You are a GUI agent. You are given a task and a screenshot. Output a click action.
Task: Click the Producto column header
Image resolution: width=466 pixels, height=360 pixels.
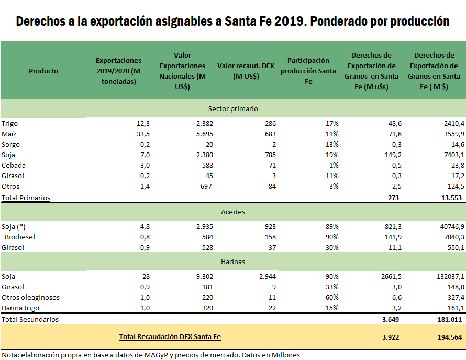(x=43, y=71)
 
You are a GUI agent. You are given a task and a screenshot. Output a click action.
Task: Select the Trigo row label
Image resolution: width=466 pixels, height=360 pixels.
(x=9, y=123)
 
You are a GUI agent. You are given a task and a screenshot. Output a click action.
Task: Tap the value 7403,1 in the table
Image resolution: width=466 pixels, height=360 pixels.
(x=450, y=155)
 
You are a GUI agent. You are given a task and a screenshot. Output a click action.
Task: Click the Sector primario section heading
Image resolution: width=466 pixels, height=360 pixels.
(x=233, y=108)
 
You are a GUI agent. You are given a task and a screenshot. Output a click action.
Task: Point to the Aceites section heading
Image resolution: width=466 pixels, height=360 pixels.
(x=233, y=212)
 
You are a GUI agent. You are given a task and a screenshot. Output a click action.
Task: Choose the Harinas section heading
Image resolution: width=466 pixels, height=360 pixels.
(x=233, y=261)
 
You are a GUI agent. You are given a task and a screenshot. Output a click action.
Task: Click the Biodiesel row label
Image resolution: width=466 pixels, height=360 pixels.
(x=21, y=237)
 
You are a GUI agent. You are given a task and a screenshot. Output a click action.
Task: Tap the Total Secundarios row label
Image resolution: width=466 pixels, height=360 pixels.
(x=30, y=319)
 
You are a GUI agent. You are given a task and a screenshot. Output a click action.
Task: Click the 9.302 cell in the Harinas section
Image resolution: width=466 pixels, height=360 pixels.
(x=195, y=276)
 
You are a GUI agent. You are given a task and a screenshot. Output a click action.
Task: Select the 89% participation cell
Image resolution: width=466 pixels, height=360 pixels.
(x=331, y=227)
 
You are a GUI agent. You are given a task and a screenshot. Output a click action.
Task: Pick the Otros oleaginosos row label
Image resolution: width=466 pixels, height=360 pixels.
(x=30, y=297)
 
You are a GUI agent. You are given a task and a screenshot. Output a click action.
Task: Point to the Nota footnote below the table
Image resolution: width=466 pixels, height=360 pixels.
(x=150, y=355)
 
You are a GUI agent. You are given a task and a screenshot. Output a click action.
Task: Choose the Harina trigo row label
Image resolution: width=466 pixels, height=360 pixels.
(x=20, y=308)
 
